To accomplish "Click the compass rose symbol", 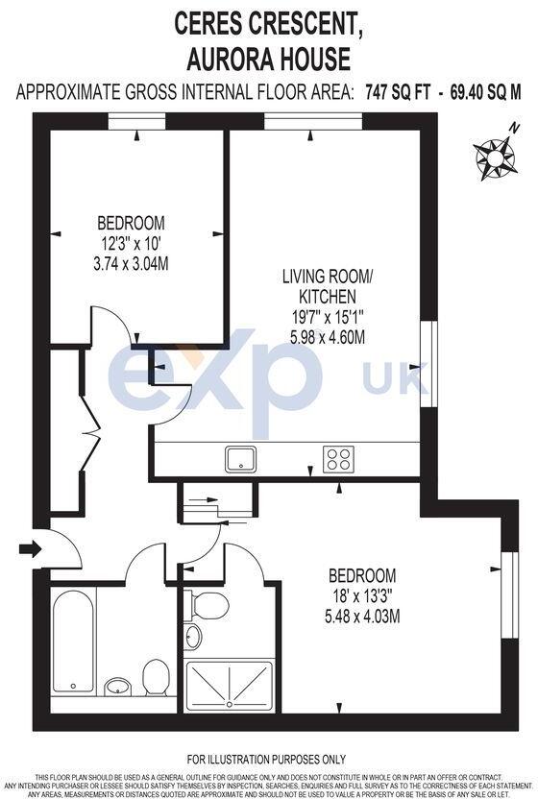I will [x=495, y=156].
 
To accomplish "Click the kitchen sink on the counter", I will [x=239, y=459].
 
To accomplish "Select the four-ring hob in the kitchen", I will [x=337, y=459].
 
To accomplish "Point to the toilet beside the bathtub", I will [x=156, y=675].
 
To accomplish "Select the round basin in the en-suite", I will [x=193, y=637].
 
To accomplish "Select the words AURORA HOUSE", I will [x=269, y=60].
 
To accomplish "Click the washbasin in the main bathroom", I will [x=118, y=686].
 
